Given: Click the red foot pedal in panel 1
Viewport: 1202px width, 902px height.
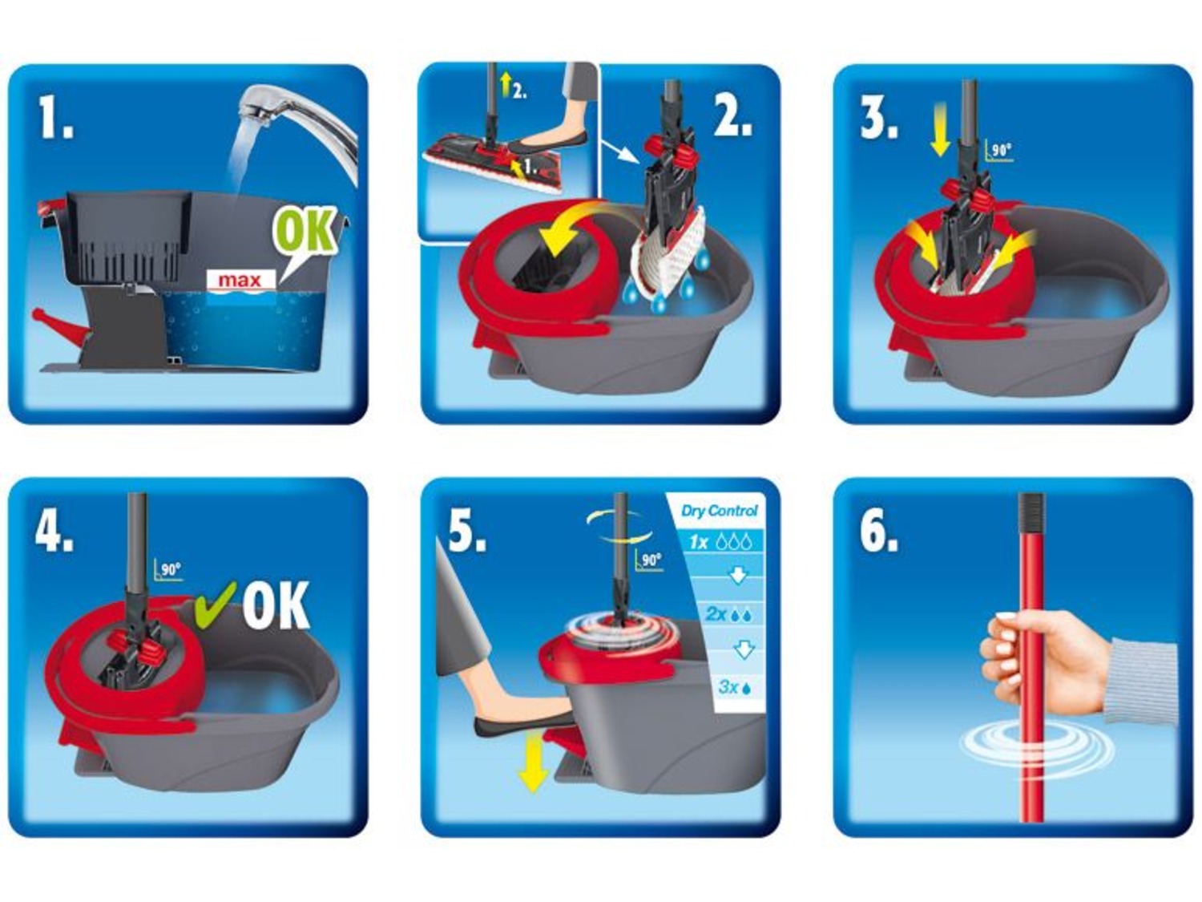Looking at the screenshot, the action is [58, 326].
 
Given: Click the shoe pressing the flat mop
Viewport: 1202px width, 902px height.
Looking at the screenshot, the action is [548, 143].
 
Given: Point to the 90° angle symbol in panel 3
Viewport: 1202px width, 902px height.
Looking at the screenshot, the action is [998, 150].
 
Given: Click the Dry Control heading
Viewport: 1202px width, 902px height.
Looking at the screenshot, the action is [719, 511].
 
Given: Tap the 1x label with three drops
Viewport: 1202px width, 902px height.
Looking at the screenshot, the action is [720, 542].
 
